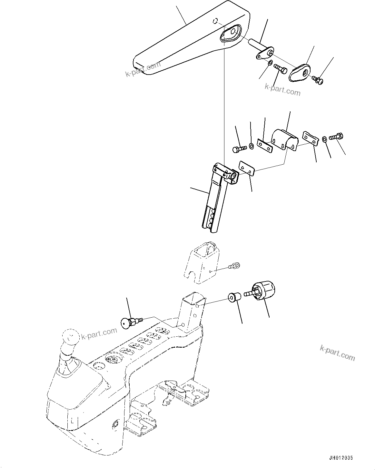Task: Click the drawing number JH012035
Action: click(341, 458)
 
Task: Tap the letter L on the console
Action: click(73, 421)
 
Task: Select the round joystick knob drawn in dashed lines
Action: click(71, 338)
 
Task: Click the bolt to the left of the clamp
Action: click(239, 149)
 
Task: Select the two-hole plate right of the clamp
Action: click(310, 138)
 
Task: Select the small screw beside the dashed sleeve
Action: click(234, 266)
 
